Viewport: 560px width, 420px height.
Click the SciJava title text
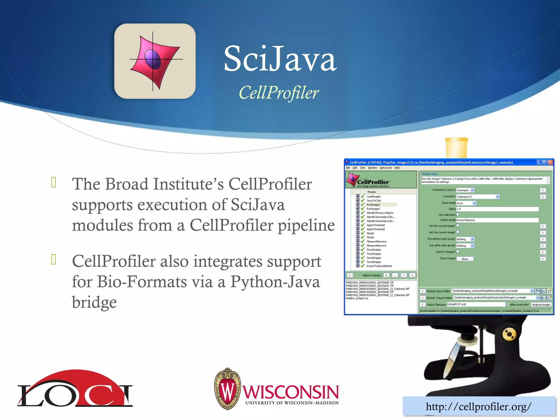[x=280, y=59]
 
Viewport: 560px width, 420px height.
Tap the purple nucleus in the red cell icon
[x=153, y=59]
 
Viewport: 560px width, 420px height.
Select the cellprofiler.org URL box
[x=479, y=407]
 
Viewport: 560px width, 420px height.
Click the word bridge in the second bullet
[x=94, y=302]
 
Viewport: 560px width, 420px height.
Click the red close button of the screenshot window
[x=550, y=162]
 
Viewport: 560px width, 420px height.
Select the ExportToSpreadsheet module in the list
[x=379, y=266]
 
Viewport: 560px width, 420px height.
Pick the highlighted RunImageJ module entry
[x=373, y=205]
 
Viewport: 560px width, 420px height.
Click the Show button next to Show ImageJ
[x=465, y=259]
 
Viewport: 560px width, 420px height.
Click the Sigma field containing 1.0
[x=497, y=209]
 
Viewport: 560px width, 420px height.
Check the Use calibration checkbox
[x=458, y=214]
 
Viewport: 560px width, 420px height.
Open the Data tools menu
[x=386, y=168]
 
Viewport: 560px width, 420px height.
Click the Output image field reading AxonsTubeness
[x=497, y=220]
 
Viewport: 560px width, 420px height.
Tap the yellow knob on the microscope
[x=509, y=334]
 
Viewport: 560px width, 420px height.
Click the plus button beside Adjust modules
[x=386, y=275]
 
